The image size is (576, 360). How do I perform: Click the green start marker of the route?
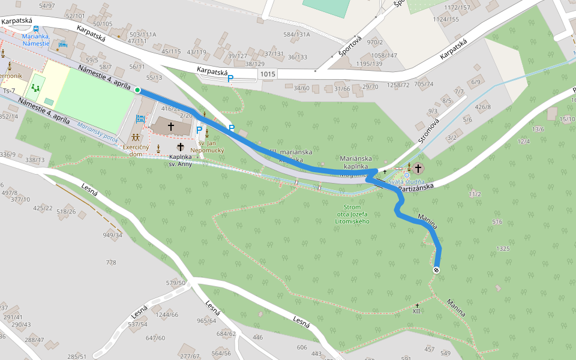137,90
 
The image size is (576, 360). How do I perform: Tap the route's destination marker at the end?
436,270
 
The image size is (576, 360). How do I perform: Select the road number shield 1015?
269,73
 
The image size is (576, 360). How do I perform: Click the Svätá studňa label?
406,181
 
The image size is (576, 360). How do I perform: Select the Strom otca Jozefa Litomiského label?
352,214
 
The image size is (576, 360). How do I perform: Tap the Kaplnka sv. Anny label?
180,160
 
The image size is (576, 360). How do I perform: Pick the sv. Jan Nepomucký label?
207,146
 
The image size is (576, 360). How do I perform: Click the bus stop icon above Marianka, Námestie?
36,28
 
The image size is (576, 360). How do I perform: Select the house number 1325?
503,248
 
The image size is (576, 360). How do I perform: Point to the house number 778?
111,263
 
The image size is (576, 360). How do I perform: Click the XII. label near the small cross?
417,311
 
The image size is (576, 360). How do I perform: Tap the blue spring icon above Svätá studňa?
406,175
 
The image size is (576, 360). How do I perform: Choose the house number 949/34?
112,235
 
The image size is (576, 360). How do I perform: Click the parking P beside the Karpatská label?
230,78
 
